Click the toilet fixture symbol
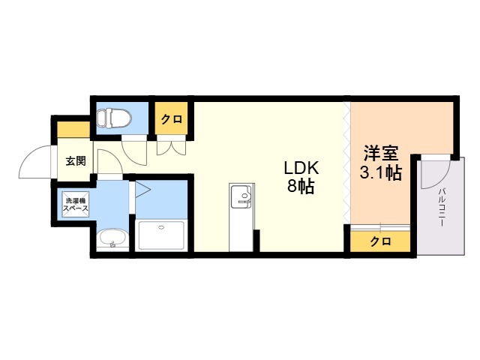click(x=113, y=118)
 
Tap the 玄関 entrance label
click(x=76, y=161)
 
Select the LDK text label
click(x=301, y=168)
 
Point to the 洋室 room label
click(x=381, y=154)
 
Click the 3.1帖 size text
click(x=380, y=173)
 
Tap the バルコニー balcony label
click(x=442, y=207)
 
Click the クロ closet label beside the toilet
click(x=172, y=119)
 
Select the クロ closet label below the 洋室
click(x=380, y=241)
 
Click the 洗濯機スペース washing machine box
click(x=76, y=205)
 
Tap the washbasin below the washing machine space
click(x=112, y=240)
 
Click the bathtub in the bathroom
click(x=161, y=235)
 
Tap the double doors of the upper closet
click(x=171, y=148)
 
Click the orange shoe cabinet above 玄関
click(x=73, y=130)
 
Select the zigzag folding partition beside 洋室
click(x=346, y=163)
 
